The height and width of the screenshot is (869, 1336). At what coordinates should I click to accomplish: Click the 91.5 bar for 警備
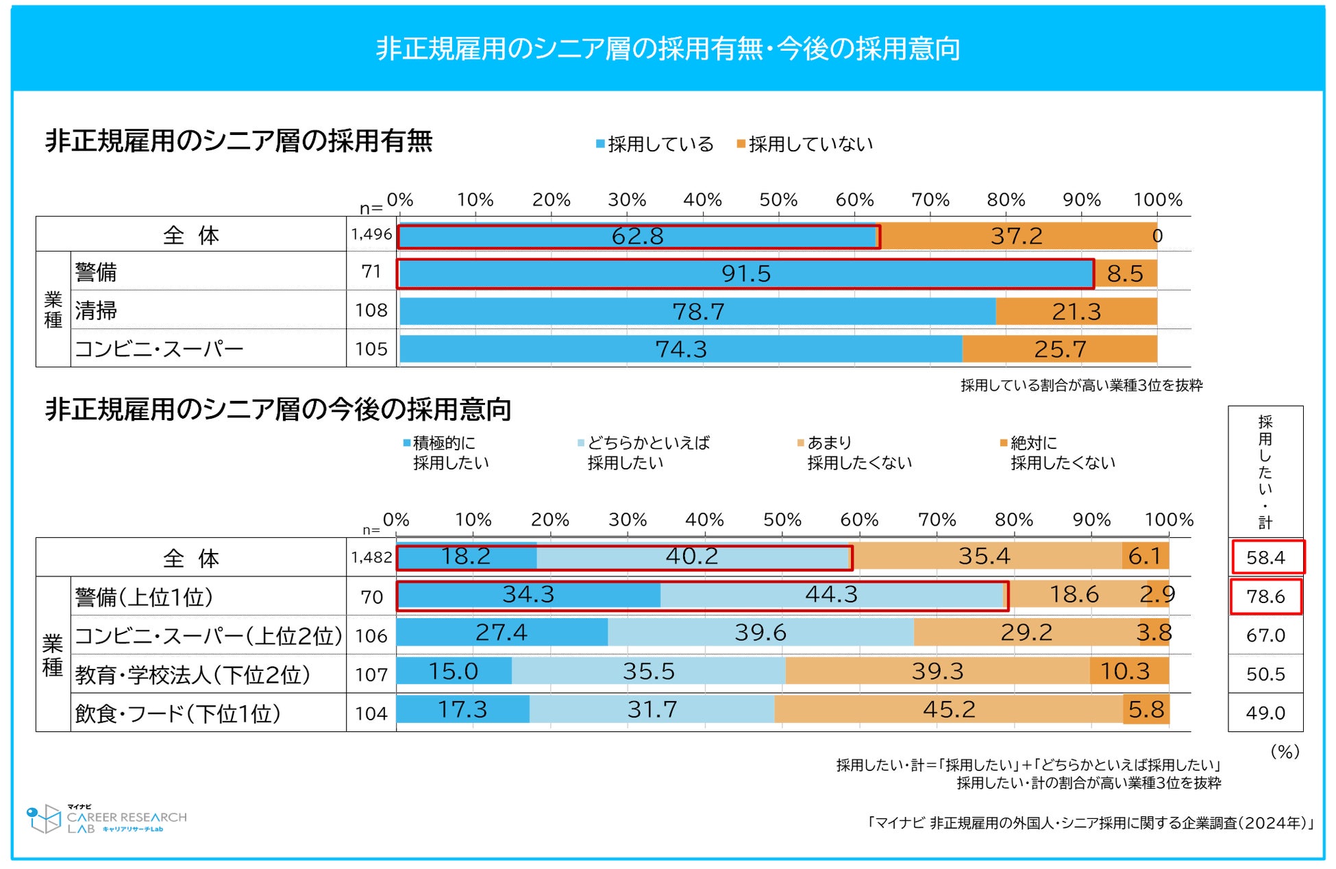coord(745,273)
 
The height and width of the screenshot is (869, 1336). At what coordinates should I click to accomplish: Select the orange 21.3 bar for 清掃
coord(1076,312)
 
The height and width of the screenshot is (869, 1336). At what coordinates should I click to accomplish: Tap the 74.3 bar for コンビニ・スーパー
coord(680,349)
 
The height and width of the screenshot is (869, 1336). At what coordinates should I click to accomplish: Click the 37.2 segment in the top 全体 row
coord(1017,236)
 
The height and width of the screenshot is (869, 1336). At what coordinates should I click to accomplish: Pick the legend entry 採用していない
coord(804,145)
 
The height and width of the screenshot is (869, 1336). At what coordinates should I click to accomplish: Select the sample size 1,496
coord(371,234)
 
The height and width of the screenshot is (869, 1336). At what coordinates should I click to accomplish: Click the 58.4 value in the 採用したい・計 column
coord(1265,557)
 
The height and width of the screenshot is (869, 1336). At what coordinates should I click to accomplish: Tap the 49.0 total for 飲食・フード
coord(1265,713)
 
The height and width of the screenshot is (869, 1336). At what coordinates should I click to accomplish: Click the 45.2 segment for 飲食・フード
coord(949,709)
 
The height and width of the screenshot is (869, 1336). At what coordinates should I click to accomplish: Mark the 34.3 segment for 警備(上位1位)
coord(528,594)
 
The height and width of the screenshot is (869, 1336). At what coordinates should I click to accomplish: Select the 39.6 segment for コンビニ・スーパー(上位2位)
coord(760,632)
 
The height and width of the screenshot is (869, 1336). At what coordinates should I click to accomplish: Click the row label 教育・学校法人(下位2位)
coord(193,675)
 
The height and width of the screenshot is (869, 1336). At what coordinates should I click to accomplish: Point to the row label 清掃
coord(96,310)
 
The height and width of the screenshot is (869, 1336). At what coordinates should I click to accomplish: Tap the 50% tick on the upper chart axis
coord(778,200)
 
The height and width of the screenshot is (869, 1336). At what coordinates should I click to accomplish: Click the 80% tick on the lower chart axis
coord(1014,519)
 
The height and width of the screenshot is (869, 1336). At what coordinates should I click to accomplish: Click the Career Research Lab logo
coord(106,819)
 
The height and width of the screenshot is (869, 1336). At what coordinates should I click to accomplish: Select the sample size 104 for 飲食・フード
coord(371,713)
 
